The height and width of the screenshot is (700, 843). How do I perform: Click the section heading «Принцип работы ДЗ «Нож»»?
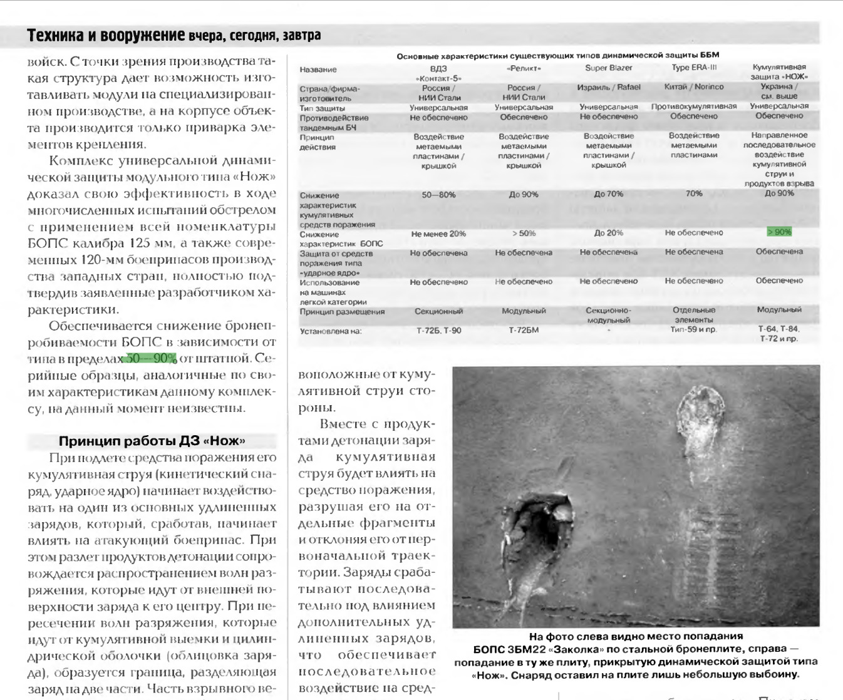click(152, 441)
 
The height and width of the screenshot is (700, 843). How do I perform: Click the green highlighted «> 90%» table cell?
click(779, 232)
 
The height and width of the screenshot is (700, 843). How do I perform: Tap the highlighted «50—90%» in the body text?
click(152, 359)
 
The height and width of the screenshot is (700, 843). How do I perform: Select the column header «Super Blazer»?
click(608, 68)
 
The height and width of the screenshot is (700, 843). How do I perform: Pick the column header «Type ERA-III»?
click(694, 68)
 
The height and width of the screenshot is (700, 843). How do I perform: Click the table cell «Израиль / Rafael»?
click(608, 87)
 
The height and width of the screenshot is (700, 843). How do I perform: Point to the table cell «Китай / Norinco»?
click(694, 87)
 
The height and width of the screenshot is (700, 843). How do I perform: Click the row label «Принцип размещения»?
click(342, 312)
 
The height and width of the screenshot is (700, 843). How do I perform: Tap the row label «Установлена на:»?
click(331, 331)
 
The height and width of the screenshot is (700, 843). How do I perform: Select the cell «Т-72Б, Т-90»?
click(438, 331)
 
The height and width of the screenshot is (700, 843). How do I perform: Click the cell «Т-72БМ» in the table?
click(524, 331)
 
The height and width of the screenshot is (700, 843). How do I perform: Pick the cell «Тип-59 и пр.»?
click(694, 329)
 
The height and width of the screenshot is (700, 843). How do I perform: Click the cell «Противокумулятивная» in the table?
click(694, 106)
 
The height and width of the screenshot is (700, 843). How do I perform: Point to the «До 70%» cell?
click(608, 194)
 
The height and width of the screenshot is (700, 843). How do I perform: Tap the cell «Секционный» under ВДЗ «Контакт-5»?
click(438, 311)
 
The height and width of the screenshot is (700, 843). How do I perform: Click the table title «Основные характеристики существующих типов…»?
click(557, 56)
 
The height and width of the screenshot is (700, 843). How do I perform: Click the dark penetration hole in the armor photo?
click(537, 526)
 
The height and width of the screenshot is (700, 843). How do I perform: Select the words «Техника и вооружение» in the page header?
click(106, 36)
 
